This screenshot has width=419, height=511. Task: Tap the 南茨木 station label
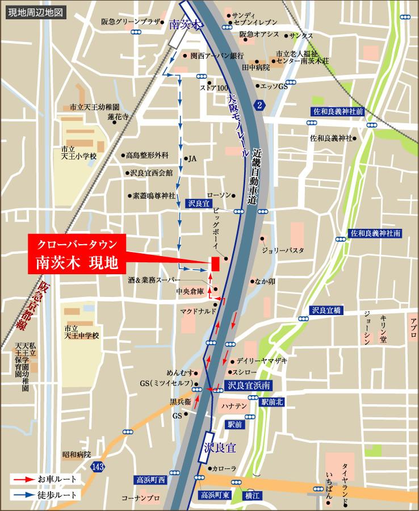pyautogui.click(x=186, y=26)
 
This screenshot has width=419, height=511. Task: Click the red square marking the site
pyautogui.click(x=215, y=264)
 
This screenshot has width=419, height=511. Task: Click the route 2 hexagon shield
pyautogui.click(x=259, y=105)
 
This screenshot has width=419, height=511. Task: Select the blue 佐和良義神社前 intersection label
pyautogui.click(x=337, y=111)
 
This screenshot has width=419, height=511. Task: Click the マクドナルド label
pyautogui.click(x=198, y=312)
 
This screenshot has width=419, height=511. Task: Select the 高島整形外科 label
pyautogui.click(x=147, y=155)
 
